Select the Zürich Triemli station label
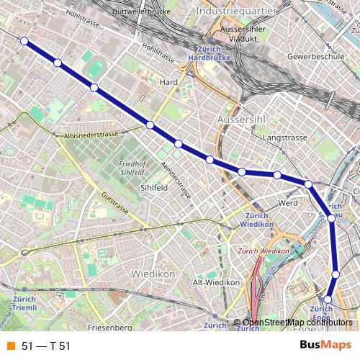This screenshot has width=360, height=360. pyautogui.click(x=24, y=302)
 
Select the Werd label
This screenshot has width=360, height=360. pyautogui.click(x=287, y=203)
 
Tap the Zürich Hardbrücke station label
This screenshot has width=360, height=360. pyautogui.click(x=207, y=53)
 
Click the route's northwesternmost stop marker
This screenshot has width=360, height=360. pyautogui.click(x=24, y=41)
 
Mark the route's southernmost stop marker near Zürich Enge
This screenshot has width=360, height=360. pyautogui.click(x=328, y=299)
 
